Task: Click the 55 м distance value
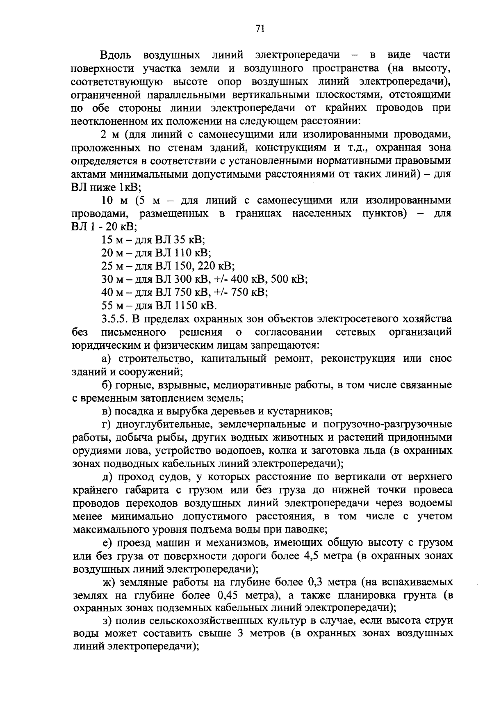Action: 111,306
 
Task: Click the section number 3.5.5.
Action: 113,319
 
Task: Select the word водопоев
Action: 236,450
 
